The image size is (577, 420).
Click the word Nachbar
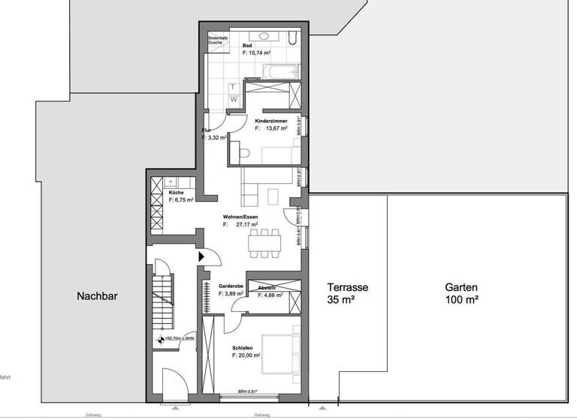(97, 295)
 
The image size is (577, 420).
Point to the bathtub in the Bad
(279, 72)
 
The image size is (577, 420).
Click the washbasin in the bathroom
(265, 36)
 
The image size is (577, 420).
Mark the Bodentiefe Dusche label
(220, 40)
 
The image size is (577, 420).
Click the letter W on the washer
(233, 99)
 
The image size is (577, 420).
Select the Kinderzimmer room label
(271, 120)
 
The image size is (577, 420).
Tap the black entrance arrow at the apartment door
(201, 256)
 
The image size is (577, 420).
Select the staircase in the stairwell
(162, 300)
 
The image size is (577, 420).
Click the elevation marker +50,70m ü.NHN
(179, 339)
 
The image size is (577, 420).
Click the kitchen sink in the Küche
(171, 181)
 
